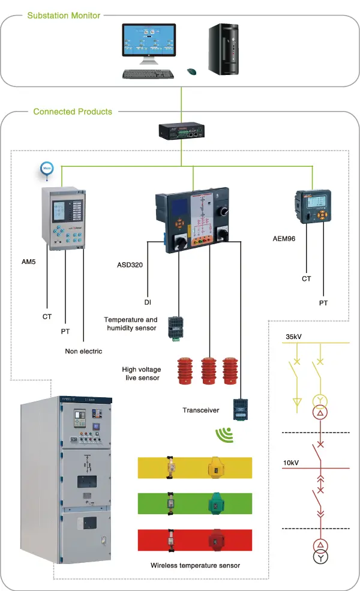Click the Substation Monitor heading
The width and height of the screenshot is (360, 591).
64,15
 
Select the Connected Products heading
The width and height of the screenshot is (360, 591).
73,112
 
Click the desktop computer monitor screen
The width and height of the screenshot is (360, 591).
149,44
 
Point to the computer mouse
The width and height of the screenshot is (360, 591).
191,71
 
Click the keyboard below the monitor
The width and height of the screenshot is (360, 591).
148,74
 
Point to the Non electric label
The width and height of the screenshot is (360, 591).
83,351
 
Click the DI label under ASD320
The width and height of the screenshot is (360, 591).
147,302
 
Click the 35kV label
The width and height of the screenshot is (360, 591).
295,337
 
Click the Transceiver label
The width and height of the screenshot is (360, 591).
201,410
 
